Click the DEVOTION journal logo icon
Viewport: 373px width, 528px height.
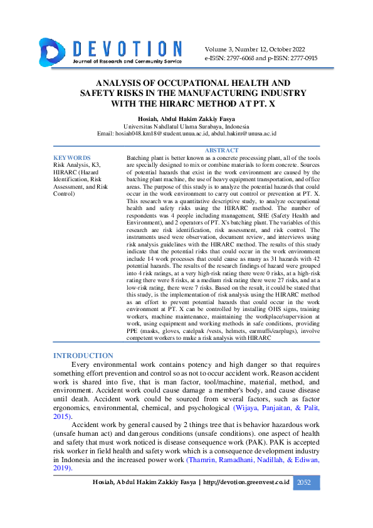pyautogui.click(x=52, y=52)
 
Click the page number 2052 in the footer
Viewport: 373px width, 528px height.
pyautogui.click(x=303, y=482)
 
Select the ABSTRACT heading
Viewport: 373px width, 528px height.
pyautogui.click(x=221, y=150)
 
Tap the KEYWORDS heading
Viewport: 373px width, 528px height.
pyautogui.click(x=72, y=158)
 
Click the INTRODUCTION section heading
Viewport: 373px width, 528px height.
pyautogui.click(x=83, y=356)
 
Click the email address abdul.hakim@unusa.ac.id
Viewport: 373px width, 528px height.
pyautogui.click(x=244, y=134)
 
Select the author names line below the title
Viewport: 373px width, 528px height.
pyautogui.click(x=186, y=119)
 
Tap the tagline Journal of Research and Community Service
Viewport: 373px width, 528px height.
pyautogui.click(x=127, y=61)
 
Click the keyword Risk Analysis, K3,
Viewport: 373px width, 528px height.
pyautogui.click(x=77, y=164)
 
